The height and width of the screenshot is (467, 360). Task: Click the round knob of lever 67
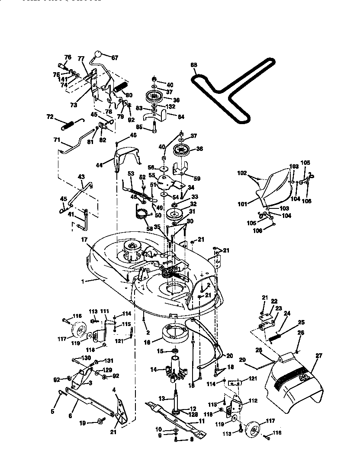click(x=98, y=55)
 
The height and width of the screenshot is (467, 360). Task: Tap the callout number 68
click(x=193, y=65)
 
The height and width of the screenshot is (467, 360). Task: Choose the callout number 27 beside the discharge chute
click(x=319, y=355)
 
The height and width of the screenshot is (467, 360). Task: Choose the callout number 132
click(x=171, y=106)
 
